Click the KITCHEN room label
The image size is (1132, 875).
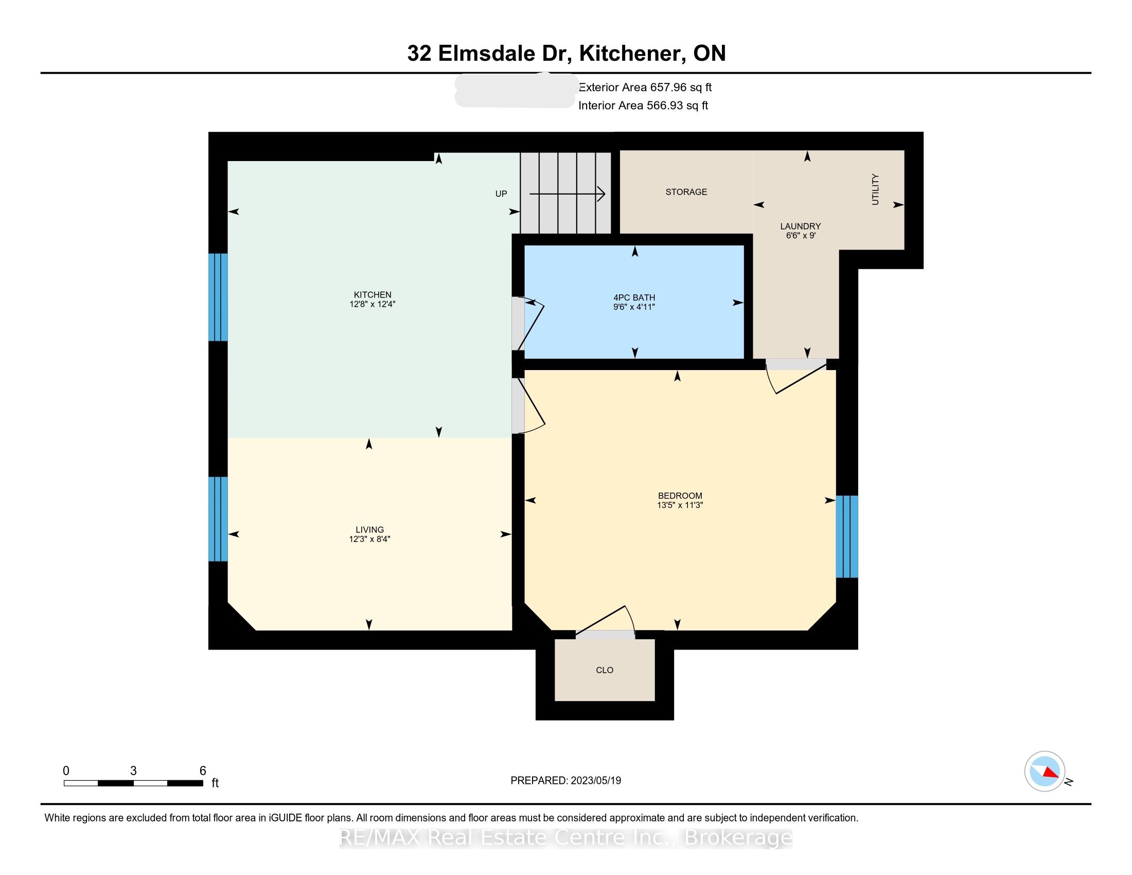coord(372,294)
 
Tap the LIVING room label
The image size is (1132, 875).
coord(369,529)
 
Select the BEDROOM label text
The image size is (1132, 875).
coord(680,496)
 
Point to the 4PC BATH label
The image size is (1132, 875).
coord(634,297)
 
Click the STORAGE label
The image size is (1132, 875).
coord(686,192)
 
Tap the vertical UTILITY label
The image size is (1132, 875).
coord(875,189)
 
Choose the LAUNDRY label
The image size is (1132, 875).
coord(800,226)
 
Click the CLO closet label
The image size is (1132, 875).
coord(605,670)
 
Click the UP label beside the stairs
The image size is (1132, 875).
coord(501,194)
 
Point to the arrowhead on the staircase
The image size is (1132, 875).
coord(601,194)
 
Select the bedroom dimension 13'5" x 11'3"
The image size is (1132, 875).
coord(680,505)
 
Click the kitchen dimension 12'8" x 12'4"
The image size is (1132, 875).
coord(372,304)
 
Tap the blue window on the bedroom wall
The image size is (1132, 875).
coord(847,536)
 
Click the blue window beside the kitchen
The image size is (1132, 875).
coord(218,297)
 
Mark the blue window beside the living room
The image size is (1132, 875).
coord(218,518)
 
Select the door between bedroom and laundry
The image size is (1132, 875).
coord(795,377)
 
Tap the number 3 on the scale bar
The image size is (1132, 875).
coord(133,771)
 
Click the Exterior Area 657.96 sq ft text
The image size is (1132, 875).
coord(645,87)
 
